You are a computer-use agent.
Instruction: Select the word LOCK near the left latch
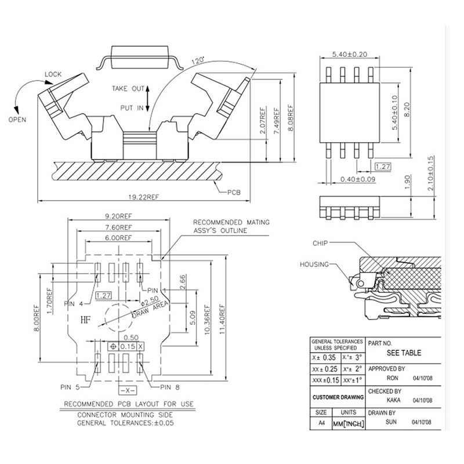pos(53,74)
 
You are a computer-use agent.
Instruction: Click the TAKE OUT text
pos(128,88)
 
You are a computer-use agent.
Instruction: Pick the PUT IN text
pos(132,107)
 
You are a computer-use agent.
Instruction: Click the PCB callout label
pos(233,192)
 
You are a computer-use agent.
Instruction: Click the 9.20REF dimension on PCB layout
pos(119,213)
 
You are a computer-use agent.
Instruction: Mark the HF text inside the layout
pos(86,318)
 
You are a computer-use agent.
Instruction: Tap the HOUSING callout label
pos(314,264)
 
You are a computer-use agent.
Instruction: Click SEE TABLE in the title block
pos(404,353)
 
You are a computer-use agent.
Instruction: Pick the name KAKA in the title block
pos(394,400)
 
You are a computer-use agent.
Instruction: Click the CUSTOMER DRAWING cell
pos(338,397)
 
